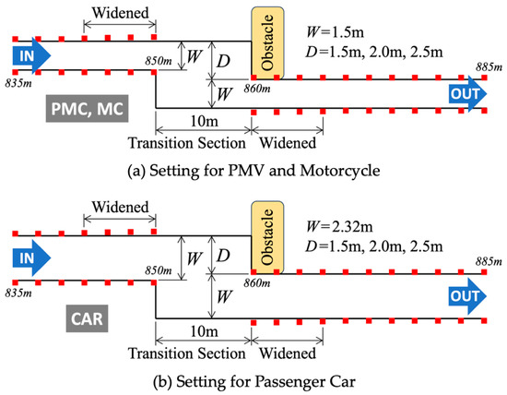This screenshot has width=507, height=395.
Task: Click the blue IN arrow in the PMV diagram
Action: point(31,55)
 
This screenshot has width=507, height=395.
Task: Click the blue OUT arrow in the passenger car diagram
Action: point(467,296)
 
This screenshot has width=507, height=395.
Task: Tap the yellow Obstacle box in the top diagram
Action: point(267,43)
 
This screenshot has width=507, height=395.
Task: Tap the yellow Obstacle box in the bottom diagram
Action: point(267,237)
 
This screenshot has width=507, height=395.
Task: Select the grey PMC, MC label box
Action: point(87,109)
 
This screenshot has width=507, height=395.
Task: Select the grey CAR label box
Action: point(87,318)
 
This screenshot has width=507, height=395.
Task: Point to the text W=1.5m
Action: point(335,32)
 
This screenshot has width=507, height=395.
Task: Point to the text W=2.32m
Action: point(339,226)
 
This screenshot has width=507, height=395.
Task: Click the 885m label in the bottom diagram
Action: point(489,261)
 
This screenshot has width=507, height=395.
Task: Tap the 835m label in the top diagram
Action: point(18,83)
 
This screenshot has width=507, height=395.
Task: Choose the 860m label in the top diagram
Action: point(257,89)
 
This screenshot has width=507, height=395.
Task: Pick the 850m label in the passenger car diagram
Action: point(159,270)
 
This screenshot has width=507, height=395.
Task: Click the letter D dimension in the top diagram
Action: point(223,61)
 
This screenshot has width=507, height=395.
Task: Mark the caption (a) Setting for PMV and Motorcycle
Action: point(253,171)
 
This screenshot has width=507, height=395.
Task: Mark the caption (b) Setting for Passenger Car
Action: point(254,381)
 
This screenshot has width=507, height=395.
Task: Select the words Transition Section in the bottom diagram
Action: point(187,353)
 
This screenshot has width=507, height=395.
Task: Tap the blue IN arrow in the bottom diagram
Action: point(31,257)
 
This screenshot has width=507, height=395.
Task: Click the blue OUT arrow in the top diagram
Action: point(467,94)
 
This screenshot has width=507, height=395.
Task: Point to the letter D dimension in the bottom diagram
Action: point(223,256)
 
